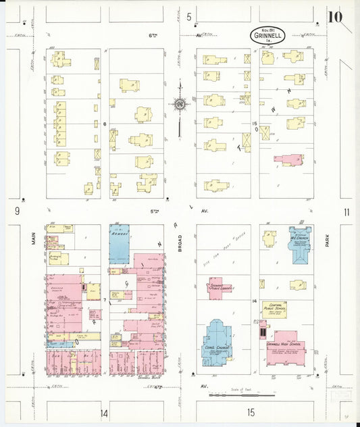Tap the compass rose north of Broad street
(x=180, y=104)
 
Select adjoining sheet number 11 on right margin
(x=346, y=212)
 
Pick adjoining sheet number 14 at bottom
(x=104, y=413)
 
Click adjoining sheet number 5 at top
(x=190, y=16)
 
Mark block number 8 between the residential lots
(x=105, y=124)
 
